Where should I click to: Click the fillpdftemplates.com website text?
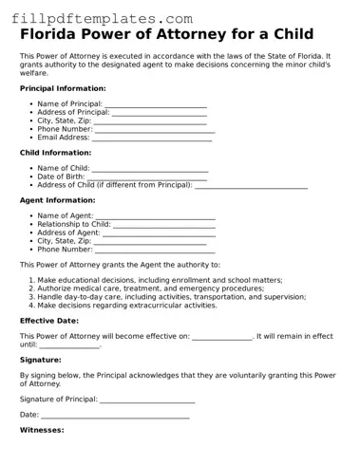point(97,18)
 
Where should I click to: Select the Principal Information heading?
point(63,87)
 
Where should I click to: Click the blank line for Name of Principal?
point(156,103)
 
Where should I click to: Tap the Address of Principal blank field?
point(160,112)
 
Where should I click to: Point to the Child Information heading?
point(55,152)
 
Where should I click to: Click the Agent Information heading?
point(57,200)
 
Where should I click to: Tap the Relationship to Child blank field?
point(164,224)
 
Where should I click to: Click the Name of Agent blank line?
point(155,215)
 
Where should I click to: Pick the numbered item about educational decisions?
point(160,281)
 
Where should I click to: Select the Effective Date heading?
point(49,321)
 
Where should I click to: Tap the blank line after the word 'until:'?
point(72,345)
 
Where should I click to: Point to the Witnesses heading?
point(42,431)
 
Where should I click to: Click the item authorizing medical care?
point(150,289)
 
